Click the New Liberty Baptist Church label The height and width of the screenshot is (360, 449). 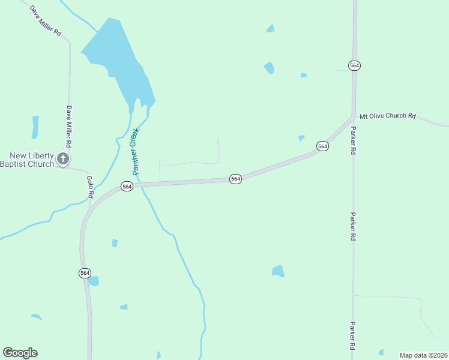click(x=27, y=160)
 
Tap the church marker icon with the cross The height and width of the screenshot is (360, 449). click(x=63, y=159)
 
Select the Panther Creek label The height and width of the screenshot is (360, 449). click(x=135, y=151)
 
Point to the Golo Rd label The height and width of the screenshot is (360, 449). click(x=90, y=187)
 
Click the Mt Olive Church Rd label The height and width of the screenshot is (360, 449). click(x=387, y=116)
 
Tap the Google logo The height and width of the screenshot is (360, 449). click(x=20, y=353)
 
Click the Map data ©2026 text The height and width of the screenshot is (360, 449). click(x=424, y=355)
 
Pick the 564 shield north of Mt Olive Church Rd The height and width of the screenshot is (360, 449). click(x=354, y=65)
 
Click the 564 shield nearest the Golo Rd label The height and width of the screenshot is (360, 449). click(x=127, y=187)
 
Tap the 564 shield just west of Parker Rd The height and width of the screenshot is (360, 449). click(x=323, y=146)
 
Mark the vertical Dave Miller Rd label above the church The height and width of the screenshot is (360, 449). click(x=70, y=127)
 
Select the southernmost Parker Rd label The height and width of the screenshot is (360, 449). click(x=353, y=335)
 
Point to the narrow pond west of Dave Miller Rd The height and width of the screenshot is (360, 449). click(x=35, y=127)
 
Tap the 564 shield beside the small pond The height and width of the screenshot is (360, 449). click(x=85, y=273)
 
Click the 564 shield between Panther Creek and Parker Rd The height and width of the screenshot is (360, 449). click(x=235, y=179)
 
